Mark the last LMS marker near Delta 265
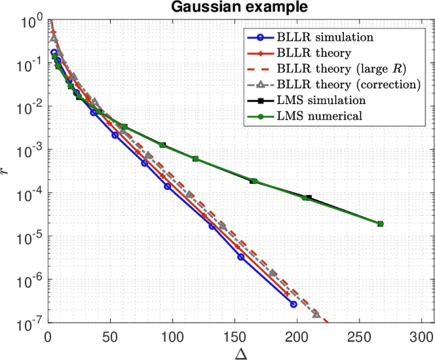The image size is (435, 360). tap(380, 223)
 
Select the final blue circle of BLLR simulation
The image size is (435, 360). tap(294, 304)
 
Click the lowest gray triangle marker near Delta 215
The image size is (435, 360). tap(316, 314)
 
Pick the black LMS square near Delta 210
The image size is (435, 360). tap(309, 198)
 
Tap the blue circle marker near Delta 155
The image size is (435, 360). tap(241, 257)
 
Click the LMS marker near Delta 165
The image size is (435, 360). tap(254, 181)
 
